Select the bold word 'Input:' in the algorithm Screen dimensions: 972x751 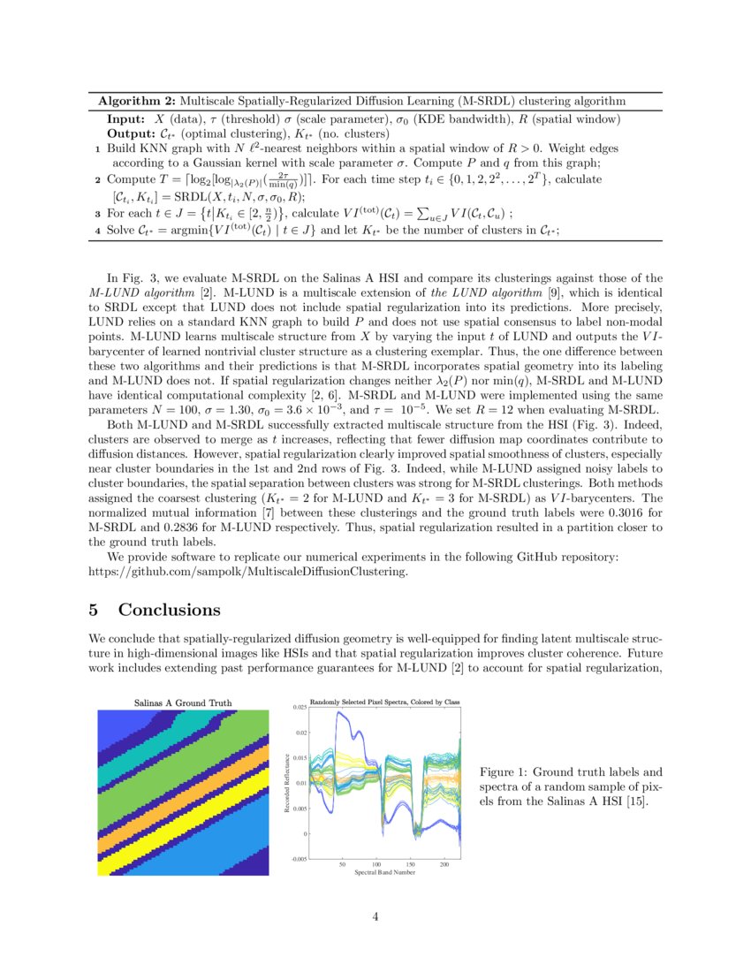[125, 118]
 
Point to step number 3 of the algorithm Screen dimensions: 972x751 [97, 212]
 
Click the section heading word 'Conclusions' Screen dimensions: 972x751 [169, 611]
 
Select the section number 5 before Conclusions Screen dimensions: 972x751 [96, 611]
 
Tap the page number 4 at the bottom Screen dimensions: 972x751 [375, 916]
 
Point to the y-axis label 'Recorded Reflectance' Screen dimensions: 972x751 [287, 784]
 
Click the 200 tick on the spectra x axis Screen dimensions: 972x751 [444, 863]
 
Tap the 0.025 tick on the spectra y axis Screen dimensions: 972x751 [300, 709]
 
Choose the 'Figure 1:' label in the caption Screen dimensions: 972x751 [504, 771]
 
